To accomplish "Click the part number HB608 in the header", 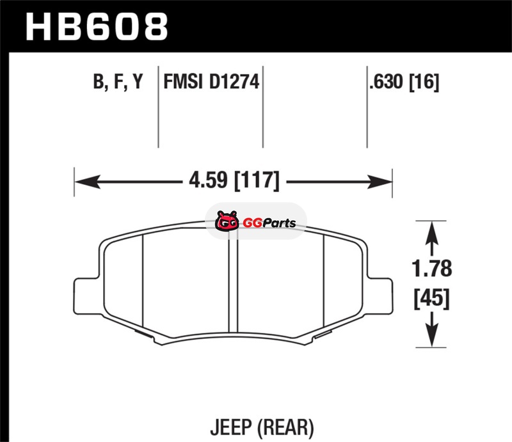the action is point(97,27).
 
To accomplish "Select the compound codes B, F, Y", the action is point(118,82).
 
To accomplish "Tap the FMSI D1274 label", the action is point(211,82).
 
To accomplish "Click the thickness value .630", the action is point(386,82).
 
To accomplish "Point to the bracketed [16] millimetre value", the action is point(424,82).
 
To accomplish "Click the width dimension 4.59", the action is point(208,180).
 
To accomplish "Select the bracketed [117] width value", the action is point(257,180).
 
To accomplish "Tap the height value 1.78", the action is point(431,269).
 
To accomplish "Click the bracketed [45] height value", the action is point(431,298).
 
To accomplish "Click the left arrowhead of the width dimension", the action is point(87,182).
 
